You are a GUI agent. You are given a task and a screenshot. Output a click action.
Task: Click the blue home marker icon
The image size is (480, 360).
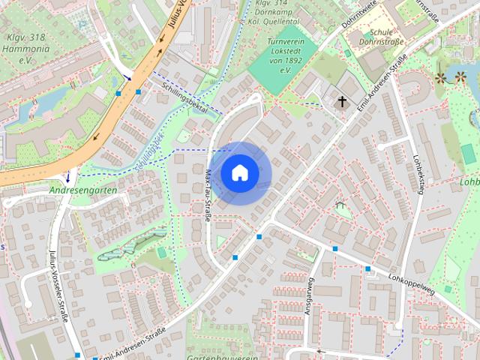[239, 172]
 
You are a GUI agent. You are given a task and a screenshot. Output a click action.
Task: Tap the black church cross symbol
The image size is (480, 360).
[343, 101]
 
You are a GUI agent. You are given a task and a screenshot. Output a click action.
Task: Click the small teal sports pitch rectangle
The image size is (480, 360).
[469, 154]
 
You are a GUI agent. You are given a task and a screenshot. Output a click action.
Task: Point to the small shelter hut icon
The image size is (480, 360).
[340, 204]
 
